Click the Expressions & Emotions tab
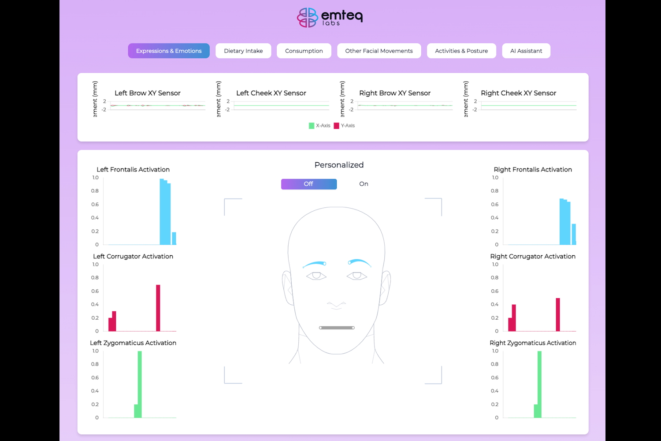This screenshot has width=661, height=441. pyautogui.click(x=169, y=51)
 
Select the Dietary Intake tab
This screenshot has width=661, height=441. pyautogui.click(x=243, y=51)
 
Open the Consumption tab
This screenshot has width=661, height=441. pyautogui.click(x=304, y=51)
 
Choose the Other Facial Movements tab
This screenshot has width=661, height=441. pyautogui.click(x=379, y=51)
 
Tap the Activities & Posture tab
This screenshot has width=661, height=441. pyautogui.click(x=461, y=51)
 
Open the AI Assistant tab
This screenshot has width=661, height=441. pyautogui.click(x=526, y=51)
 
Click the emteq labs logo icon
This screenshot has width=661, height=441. pyautogui.click(x=307, y=17)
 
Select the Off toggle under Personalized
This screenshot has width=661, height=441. pyautogui.click(x=308, y=184)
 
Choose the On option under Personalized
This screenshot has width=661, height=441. pyautogui.click(x=364, y=184)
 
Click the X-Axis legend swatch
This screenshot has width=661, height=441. pyautogui.click(x=312, y=126)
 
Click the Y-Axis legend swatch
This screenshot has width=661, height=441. pyautogui.click(x=337, y=126)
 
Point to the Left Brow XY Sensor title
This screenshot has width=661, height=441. pyautogui.click(x=148, y=93)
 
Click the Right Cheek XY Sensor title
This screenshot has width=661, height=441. pyautogui.click(x=518, y=93)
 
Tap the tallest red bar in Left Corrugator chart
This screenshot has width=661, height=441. pyautogui.click(x=158, y=308)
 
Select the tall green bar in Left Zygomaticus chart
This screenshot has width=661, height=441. pyautogui.click(x=140, y=384)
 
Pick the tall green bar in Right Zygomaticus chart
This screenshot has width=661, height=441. pyautogui.click(x=539, y=384)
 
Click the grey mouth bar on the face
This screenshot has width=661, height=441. pyautogui.click(x=337, y=328)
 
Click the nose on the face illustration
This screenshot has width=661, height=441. pyautogui.click(x=337, y=304)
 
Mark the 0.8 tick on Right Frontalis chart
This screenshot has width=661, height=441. pyautogui.click(x=495, y=191)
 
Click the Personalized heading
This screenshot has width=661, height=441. pyautogui.click(x=339, y=165)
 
